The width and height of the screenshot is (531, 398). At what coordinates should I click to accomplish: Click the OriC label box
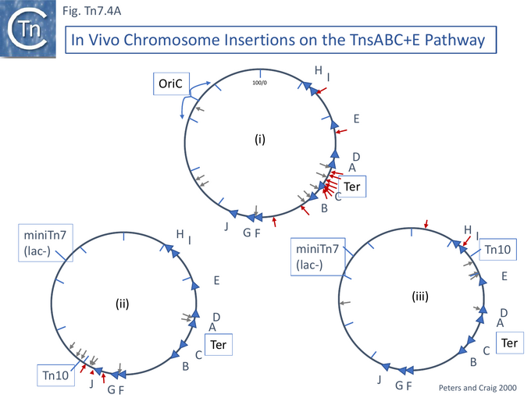171,84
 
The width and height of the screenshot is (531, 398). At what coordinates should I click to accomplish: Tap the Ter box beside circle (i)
352,187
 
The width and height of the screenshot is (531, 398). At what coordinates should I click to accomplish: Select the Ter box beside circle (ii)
219,344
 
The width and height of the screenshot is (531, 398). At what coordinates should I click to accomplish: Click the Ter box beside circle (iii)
510,343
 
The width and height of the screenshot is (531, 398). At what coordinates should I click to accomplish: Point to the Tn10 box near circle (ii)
55,375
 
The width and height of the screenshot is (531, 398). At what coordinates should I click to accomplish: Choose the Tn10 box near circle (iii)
498,250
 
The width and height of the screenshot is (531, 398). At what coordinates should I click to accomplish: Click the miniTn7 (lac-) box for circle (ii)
45,243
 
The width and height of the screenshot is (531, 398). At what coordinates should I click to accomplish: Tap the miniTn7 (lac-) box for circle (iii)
318,257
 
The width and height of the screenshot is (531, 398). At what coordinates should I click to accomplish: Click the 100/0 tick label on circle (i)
260,83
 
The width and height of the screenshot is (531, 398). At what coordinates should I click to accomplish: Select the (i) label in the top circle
260,139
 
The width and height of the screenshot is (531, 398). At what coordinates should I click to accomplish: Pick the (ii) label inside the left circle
123,304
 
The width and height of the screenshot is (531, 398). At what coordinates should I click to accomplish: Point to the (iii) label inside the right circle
420,296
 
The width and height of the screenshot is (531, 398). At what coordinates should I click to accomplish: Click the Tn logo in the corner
28,29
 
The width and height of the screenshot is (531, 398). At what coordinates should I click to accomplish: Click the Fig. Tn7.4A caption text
92,11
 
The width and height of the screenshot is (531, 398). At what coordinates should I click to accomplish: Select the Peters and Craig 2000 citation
477,388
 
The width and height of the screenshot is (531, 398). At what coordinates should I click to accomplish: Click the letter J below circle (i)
226,226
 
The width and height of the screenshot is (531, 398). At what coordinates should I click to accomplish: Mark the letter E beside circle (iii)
504,276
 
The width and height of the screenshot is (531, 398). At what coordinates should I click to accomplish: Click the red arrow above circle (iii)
426,224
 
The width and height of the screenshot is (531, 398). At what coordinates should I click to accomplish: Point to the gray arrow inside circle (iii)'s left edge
345,303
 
